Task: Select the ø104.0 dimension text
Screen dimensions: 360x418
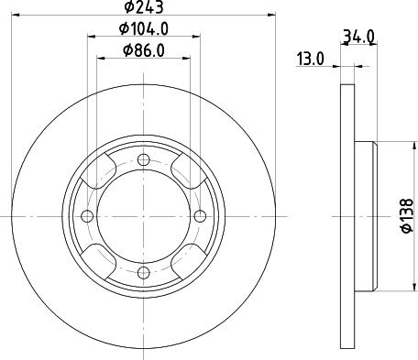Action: click(144, 30)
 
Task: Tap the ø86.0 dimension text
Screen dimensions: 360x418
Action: click(144, 52)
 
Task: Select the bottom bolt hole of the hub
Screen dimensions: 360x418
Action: click(143, 272)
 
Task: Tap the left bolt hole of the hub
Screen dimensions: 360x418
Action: click(87, 216)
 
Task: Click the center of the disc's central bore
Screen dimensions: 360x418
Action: click(143, 216)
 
